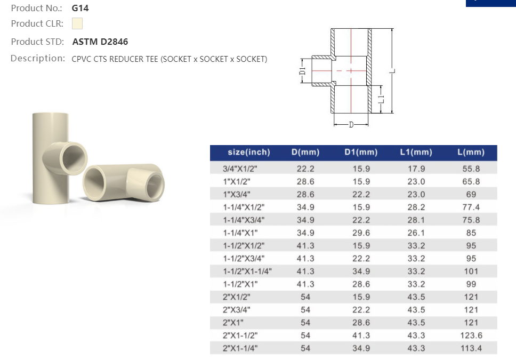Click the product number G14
tap(80, 8)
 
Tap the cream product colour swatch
tap(77, 23)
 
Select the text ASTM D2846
tap(100, 42)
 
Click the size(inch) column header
tap(249, 152)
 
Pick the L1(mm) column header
tap(416, 152)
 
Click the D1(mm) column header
tap(361, 152)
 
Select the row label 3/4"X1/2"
tap(239, 169)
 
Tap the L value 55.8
tap(471, 169)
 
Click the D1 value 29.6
tap(361, 233)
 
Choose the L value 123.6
tap(471, 335)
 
